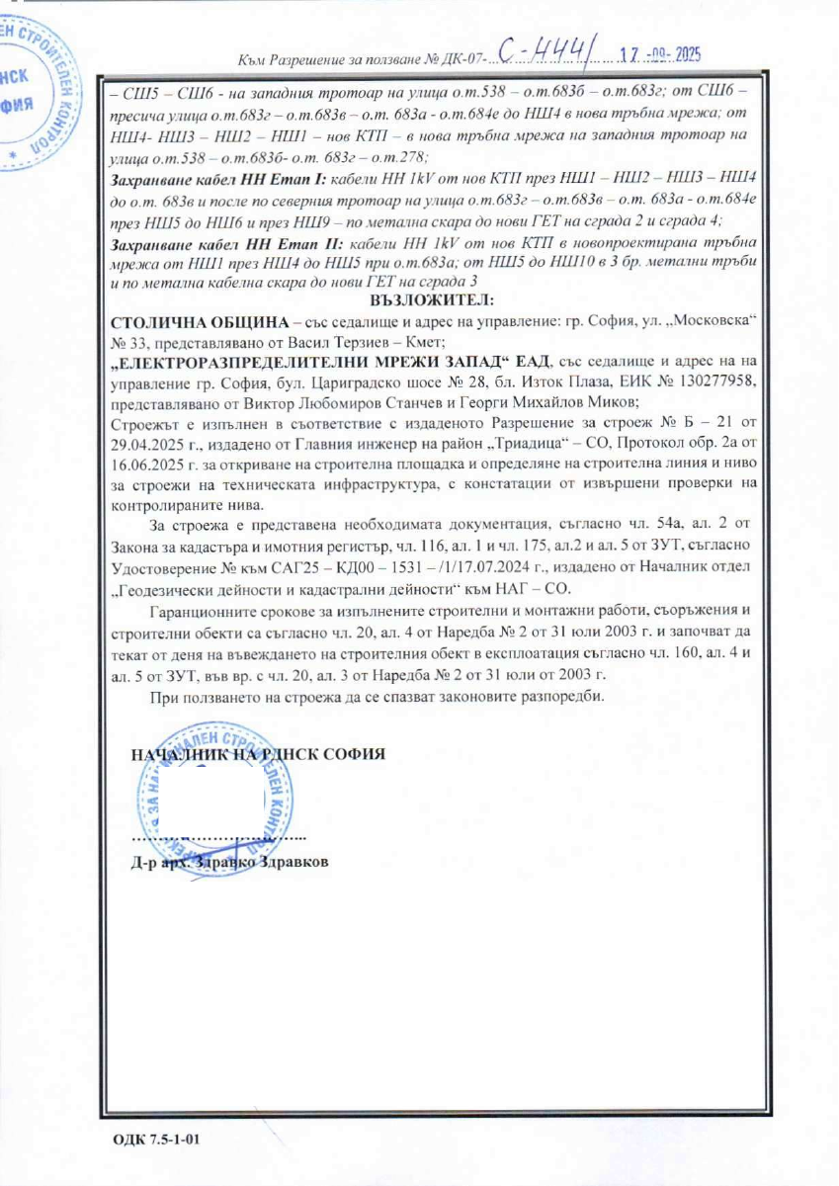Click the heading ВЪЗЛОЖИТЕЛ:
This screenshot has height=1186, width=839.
(x=436, y=298)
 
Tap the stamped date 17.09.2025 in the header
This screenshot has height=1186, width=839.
(x=656, y=55)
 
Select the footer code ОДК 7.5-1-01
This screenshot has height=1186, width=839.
(x=158, y=1140)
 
